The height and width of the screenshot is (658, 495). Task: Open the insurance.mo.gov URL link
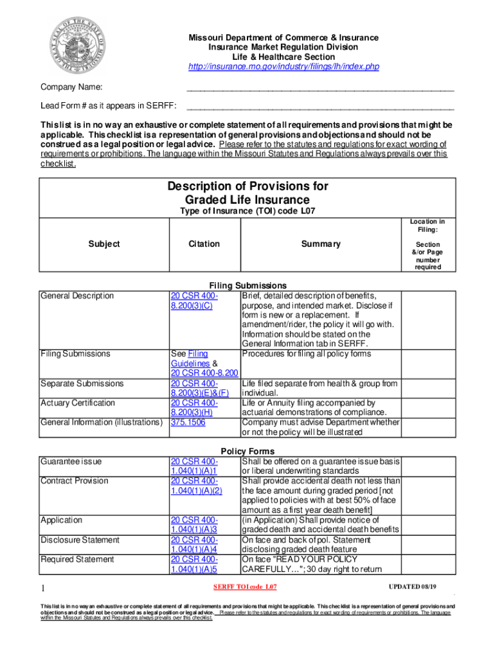(283, 67)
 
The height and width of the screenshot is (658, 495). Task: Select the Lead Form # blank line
(319, 106)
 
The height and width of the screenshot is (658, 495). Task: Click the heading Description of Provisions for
(248, 186)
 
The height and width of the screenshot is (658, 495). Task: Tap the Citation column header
(204, 244)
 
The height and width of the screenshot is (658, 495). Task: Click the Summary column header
(321, 244)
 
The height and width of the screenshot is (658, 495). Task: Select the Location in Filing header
(428, 226)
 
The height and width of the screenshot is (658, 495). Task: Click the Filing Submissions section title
(248, 285)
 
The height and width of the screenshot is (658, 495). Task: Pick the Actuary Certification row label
(78, 403)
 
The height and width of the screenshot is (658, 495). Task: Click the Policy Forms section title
(248, 451)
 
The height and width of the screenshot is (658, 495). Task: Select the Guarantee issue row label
(71, 461)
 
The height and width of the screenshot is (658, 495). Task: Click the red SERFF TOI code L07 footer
(245, 587)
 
